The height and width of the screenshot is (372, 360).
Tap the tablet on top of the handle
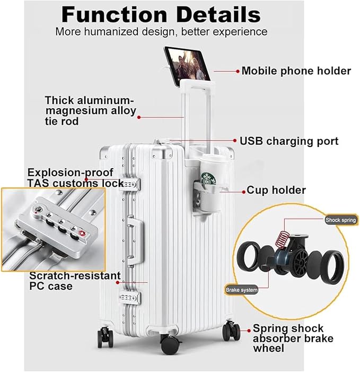[187, 64]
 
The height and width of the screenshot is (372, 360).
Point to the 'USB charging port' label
[289, 141]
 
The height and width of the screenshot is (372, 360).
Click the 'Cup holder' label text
[276, 190]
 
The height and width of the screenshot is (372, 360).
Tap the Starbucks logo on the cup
[208, 178]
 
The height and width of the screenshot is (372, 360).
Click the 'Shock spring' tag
[341, 219]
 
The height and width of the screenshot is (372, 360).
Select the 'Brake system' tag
[242, 290]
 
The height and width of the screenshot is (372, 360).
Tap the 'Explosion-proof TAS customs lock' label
[70, 178]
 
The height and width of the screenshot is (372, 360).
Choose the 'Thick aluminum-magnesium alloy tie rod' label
[98, 110]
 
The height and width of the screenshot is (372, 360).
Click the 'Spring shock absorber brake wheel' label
[288, 338]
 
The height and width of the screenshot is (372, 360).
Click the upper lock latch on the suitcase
[131, 184]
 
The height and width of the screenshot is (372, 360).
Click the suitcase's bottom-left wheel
[104, 338]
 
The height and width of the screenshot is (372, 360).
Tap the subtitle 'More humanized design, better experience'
[161, 32]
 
